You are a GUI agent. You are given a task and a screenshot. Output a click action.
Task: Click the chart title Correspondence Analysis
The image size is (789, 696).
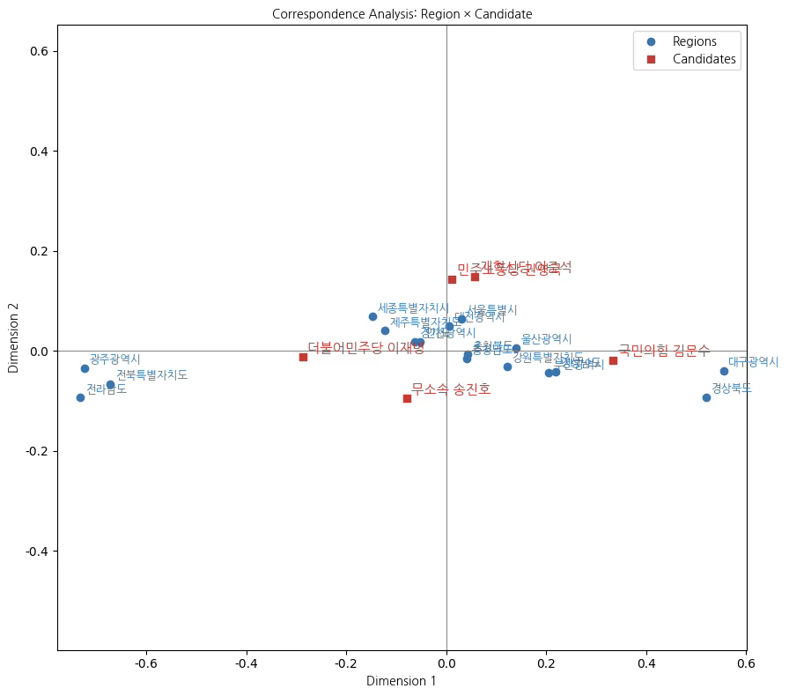(x=402, y=14)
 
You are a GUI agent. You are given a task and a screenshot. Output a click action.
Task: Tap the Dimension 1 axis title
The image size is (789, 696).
(x=402, y=681)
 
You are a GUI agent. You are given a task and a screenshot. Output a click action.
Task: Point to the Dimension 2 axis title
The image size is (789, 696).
(x=13, y=338)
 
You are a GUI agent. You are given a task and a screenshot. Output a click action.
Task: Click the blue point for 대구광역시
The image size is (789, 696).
(x=724, y=371)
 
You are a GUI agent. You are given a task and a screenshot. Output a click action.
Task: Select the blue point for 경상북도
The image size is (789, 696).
(x=706, y=397)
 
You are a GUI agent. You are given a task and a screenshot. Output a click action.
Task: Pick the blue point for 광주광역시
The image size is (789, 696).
(x=85, y=368)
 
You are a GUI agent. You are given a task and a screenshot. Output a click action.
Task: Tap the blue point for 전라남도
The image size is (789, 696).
(x=80, y=397)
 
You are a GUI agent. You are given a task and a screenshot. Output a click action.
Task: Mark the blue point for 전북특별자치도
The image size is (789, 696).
(x=110, y=384)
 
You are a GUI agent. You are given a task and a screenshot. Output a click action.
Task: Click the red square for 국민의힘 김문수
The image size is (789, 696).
(x=613, y=360)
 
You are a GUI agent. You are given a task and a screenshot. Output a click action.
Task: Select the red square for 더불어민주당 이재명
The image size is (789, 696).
(x=303, y=357)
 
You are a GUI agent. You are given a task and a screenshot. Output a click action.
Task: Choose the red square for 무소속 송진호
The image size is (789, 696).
(x=407, y=398)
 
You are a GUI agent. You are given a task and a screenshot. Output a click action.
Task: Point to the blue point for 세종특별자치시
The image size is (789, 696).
(x=372, y=316)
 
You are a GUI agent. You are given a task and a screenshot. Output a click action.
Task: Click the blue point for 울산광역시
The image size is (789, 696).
(x=516, y=348)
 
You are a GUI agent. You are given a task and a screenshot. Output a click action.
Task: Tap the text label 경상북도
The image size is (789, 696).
(x=732, y=388)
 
